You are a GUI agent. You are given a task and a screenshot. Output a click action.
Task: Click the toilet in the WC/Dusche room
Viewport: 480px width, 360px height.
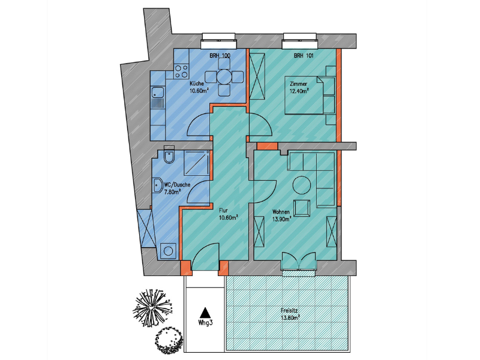pyautogui.click(x=169, y=155)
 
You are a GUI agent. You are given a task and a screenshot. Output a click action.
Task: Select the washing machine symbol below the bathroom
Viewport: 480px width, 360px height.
pyautogui.click(x=168, y=251)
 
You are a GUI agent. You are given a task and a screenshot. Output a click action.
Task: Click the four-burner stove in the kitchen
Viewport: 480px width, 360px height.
pyautogui.click(x=181, y=71)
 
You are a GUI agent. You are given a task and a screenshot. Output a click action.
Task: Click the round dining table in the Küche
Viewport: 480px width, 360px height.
pyautogui.click(x=224, y=77)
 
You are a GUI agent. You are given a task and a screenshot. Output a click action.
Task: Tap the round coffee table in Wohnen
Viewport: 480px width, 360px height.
pyautogui.click(x=302, y=185)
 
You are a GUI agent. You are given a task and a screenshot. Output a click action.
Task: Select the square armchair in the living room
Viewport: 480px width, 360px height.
pyautogui.click(x=302, y=208)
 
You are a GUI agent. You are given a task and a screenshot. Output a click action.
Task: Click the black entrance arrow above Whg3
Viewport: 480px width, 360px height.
pyautogui.click(x=205, y=313)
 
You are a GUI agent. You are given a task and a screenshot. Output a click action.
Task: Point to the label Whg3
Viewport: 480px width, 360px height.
pyautogui.click(x=205, y=323)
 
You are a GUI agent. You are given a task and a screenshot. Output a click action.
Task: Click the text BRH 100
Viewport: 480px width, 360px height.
pyautogui.click(x=220, y=56)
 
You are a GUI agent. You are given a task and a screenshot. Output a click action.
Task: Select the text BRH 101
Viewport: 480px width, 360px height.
pyautogui.click(x=304, y=56)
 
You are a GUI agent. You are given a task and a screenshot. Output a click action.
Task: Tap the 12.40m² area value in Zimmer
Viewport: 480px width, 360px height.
pyautogui.click(x=299, y=91)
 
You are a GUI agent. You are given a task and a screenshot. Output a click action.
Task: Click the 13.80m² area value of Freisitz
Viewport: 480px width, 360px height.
pyautogui.click(x=290, y=317)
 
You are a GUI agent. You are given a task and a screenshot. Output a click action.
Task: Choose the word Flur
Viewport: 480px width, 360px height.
pyautogui.click(x=223, y=211)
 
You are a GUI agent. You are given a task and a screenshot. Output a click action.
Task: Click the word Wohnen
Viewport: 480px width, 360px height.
pyautogui.click(x=281, y=212)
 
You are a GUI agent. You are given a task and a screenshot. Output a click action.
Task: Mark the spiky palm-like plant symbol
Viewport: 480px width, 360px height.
pyautogui.click(x=152, y=306)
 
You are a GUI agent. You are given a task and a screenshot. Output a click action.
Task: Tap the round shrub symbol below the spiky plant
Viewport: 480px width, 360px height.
pyautogui.click(x=169, y=340)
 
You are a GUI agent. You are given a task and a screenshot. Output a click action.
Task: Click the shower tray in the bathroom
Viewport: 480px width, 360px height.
pyautogui.click(x=197, y=163)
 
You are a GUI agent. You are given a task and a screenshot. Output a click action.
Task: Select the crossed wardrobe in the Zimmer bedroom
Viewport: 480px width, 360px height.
pyautogui.click(x=257, y=76)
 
